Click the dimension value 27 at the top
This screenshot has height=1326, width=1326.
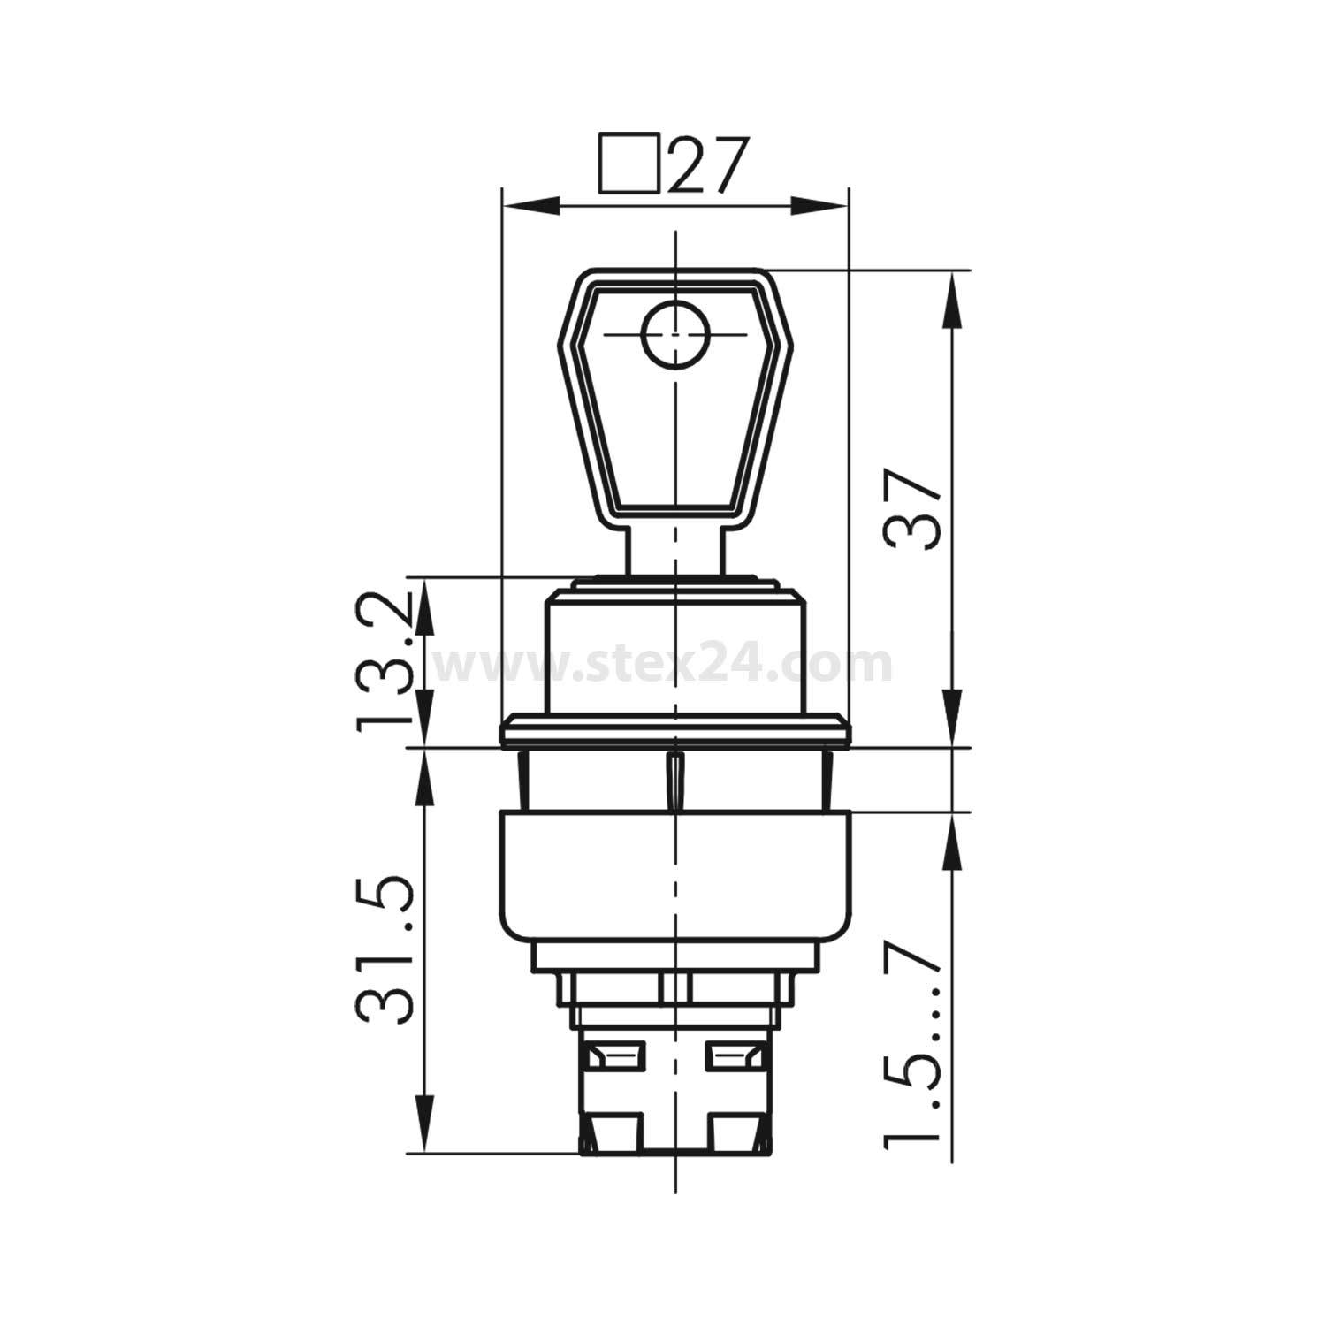tap(708, 164)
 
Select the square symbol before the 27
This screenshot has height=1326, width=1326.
tap(629, 163)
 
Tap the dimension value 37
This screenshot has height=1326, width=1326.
tap(912, 510)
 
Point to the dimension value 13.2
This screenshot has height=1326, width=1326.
tap(385, 661)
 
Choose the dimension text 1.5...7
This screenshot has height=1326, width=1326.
tap(912, 1048)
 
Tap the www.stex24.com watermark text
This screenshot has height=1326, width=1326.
tap(663, 664)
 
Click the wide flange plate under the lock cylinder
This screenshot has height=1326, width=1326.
tap(675, 732)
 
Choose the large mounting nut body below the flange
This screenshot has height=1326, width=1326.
tap(675, 875)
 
